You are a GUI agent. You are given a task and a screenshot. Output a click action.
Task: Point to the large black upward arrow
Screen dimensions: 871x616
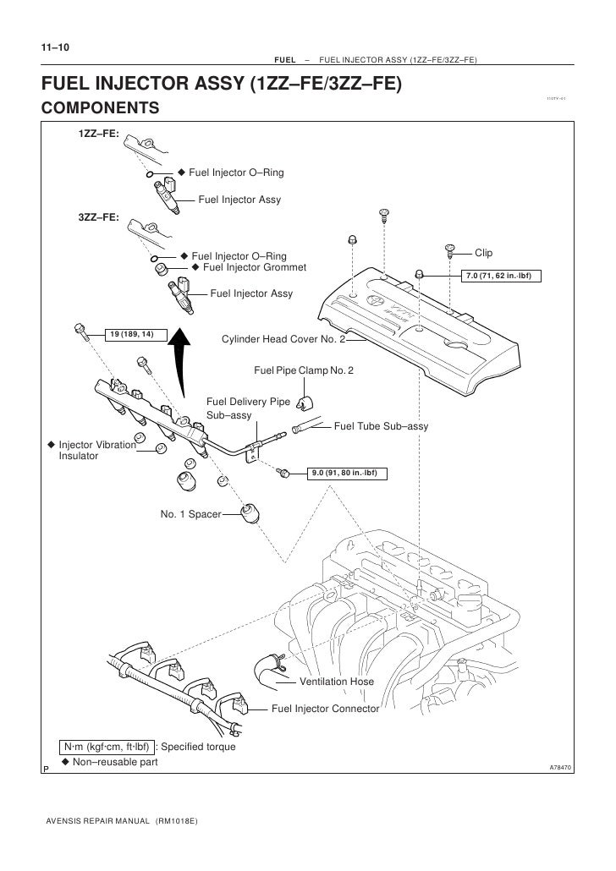179,359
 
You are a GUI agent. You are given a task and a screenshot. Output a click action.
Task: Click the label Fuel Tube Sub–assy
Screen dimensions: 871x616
381,426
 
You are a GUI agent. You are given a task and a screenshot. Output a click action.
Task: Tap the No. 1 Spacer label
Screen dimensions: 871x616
190,512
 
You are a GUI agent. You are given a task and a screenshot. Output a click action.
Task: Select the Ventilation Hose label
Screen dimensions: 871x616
337,681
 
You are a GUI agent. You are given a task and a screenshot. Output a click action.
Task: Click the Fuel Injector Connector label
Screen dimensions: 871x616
325,709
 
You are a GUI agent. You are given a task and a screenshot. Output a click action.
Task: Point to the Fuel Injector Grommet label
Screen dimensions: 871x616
255,268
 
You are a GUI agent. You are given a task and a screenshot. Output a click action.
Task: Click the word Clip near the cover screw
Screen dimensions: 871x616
483,253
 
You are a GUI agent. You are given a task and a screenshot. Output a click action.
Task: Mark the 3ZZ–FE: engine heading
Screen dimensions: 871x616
98,217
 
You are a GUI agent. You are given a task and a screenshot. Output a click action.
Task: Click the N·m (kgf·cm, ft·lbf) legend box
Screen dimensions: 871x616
107,748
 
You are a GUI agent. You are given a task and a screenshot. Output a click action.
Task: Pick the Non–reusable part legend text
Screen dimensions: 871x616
116,763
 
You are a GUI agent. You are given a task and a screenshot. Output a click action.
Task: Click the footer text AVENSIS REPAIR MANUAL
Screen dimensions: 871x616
92,821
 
